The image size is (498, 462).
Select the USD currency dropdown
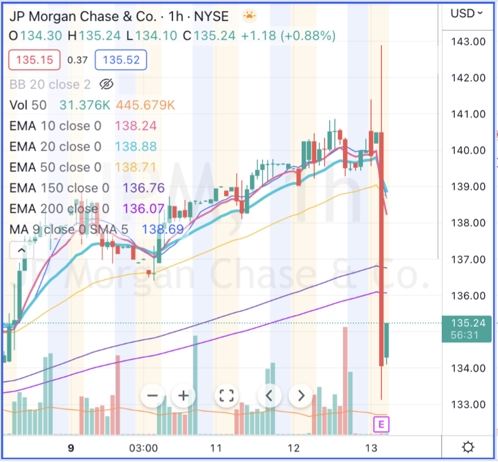[x=466, y=13]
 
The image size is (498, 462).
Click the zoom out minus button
[x=153, y=396]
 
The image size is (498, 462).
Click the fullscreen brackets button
[x=226, y=396]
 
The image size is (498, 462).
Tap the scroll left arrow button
[x=269, y=396]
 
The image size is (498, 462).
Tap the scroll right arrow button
[x=300, y=396]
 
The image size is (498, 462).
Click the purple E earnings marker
[x=381, y=425]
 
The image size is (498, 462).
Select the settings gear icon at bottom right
[x=468, y=448]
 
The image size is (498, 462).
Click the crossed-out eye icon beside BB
[x=106, y=85]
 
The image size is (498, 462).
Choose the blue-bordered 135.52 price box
[x=121, y=59]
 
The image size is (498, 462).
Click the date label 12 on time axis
[x=294, y=448]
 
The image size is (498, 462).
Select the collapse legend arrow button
[x=21, y=250]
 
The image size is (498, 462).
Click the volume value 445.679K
[x=145, y=105]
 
